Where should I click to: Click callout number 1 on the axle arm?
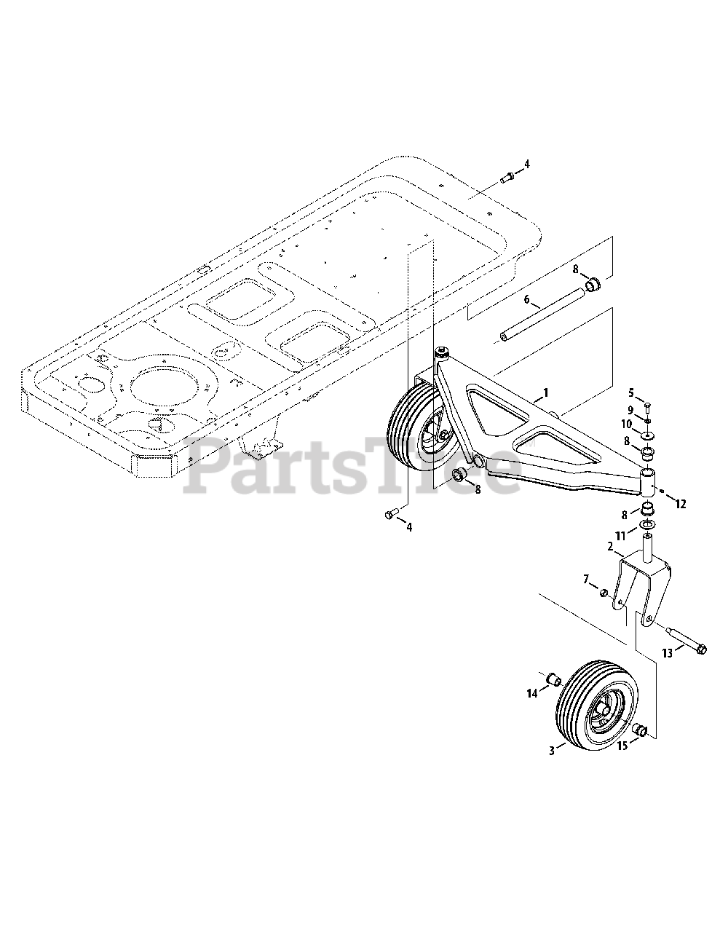tap(545, 392)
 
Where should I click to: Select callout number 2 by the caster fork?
tap(610, 546)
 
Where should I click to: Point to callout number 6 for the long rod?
tap(527, 299)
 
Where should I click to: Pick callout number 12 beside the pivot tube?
tap(681, 504)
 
